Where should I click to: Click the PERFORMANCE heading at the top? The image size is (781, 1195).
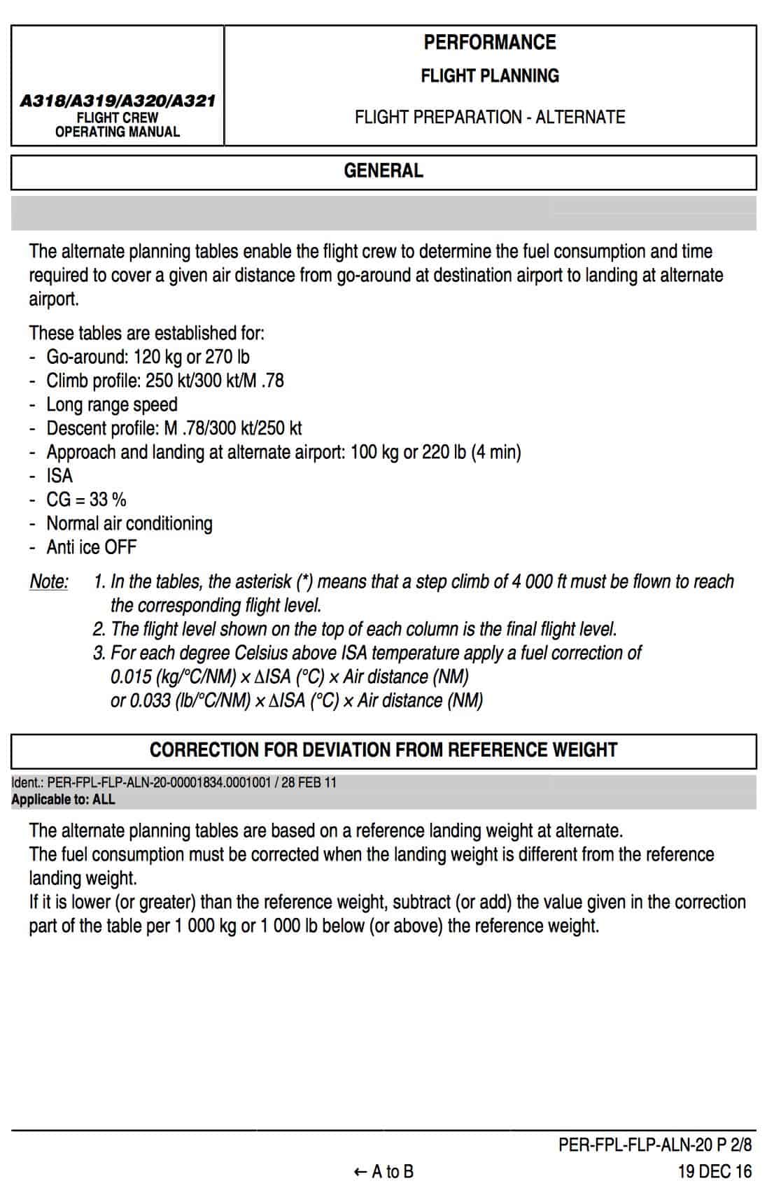pos(489,42)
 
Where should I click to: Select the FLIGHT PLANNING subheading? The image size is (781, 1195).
pos(489,76)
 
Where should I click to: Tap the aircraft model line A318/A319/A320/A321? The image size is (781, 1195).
pos(118,101)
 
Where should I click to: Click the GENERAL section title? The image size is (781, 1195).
pos(384,171)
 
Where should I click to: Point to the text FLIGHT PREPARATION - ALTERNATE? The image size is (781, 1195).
pos(489,117)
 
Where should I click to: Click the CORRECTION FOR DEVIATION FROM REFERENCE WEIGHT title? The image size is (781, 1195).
pos(384,750)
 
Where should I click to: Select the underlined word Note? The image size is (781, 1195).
pos(49,582)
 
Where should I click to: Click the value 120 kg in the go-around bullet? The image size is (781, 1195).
pos(158,357)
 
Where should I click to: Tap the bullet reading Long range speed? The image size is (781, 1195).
pos(112,404)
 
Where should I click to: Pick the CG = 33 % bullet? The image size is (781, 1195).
pos(86,500)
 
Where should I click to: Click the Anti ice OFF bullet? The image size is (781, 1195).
pos(91,547)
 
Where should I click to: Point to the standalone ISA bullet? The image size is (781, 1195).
pos(59,476)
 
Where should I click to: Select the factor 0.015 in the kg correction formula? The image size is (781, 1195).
pos(131,677)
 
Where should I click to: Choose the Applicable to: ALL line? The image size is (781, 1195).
pos(63,799)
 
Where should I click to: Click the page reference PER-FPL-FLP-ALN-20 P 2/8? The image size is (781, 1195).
pos(655,1145)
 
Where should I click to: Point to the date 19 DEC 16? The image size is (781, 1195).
pos(715,1171)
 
